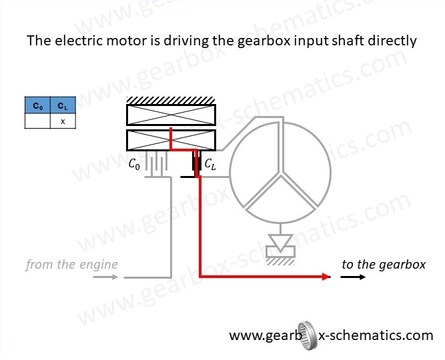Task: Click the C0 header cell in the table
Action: (x=37, y=106)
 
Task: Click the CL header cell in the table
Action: (x=63, y=106)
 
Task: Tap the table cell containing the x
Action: (x=63, y=121)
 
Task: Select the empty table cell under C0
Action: (x=37, y=121)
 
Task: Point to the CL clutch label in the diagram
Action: (x=209, y=163)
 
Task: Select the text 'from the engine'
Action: (x=71, y=265)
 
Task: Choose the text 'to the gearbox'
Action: (x=383, y=265)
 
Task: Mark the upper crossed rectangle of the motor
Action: (x=171, y=116)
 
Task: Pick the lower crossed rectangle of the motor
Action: (x=171, y=140)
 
